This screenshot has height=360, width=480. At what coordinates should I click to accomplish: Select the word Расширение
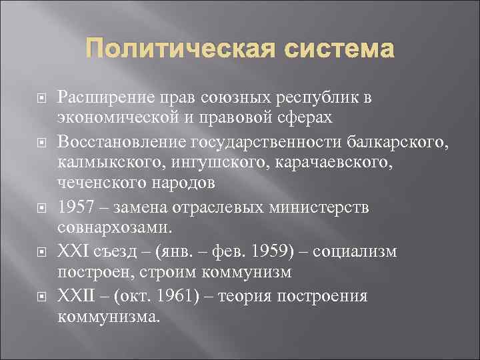pos(104,97)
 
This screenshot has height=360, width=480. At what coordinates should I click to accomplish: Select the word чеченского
pos(93,182)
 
